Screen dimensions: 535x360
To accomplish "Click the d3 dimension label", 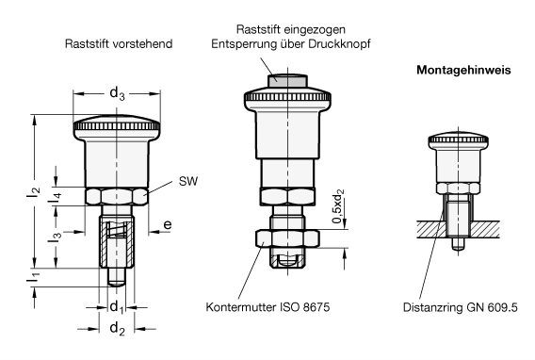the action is [117, 93].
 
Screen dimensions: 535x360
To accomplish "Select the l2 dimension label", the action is [34, 192].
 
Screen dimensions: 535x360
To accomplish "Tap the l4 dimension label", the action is [56, 199].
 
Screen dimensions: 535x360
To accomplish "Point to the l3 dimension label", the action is [56, 237].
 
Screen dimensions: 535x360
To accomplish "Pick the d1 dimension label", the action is [117, 307].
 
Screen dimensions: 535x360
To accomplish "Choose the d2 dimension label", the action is [117, 329].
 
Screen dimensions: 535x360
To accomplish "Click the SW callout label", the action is [188, 181].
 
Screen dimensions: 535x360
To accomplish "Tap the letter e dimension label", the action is [168, 225].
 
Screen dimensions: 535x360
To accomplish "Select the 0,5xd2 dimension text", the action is [338, 205].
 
